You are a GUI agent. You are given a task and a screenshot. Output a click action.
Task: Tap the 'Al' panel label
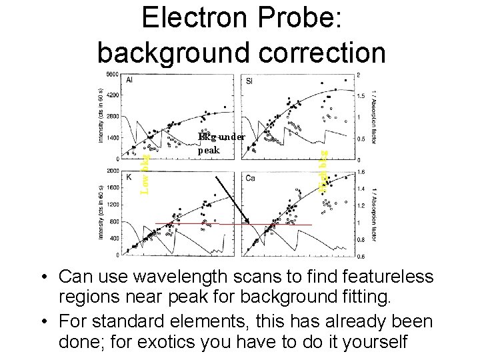point(129,80)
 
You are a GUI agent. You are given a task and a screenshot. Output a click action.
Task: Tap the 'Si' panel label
point(249,81)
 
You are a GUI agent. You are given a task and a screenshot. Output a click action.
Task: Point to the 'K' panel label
point(127,177)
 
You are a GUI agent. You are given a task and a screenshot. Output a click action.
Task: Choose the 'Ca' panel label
point(250,177)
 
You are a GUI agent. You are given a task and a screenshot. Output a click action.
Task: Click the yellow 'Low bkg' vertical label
point(145,173)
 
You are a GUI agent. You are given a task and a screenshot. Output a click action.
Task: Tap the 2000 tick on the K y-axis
point(111,171)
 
